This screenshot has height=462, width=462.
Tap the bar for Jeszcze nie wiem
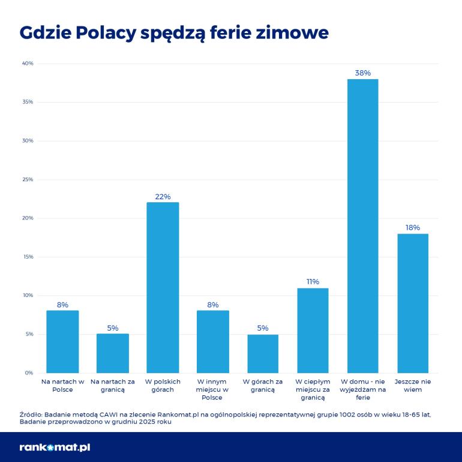tap(413, 303)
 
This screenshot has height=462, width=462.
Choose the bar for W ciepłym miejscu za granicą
tap(313, 330)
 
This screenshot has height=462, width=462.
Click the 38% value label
tap(362, 73)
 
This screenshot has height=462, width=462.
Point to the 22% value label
tap(163, 196)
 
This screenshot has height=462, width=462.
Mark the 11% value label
tap(313, 281)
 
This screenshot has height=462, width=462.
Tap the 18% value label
tap(413, 227)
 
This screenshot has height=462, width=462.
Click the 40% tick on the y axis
tap(28, 64)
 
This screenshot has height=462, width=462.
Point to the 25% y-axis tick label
tap(28, 179)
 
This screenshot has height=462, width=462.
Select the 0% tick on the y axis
tap(29, 373)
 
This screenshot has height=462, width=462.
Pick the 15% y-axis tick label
tap(28, 257)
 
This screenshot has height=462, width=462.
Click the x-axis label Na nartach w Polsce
tap(62, 385)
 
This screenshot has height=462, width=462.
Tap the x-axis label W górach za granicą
tap(263, 385)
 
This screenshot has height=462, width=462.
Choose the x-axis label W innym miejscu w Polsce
tap(212, 389)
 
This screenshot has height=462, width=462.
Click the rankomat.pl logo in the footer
tap(55, 447)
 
